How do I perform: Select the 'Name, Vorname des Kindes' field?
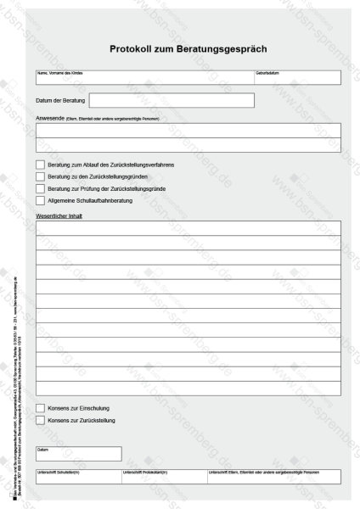(x=145, y=79)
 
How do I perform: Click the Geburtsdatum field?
(x=298, y=79)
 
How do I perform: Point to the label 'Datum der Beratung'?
(x=61, y=101)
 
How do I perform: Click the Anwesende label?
(x=48, y=119)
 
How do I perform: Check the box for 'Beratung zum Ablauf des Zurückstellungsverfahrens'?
(x=41, y=164)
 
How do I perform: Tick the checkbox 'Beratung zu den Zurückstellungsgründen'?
(x=41, y=176)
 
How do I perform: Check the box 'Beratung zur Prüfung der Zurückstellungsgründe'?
(x=41, y=188)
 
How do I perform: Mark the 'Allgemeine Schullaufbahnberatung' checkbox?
(x=41, y=200)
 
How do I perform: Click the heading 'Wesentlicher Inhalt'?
(x=59, y=215)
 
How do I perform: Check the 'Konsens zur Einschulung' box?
(x=41, y=408)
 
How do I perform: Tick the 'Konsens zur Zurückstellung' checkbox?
(x=41, y=420)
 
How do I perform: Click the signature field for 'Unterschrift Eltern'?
(x=273, y=478)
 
